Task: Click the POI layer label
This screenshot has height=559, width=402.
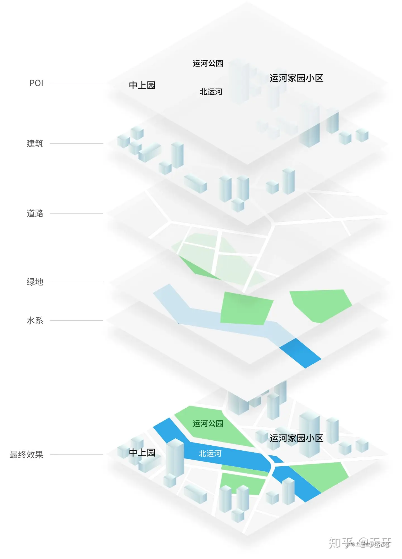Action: click(x=36, y=83)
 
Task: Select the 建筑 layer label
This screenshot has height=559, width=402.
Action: click(x=35, y=144)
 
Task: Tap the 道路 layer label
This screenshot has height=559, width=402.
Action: click(x=35, y=213)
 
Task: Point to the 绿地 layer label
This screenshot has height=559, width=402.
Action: click(x=35, y=282)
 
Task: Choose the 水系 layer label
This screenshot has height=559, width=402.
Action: click(x=35, y=321)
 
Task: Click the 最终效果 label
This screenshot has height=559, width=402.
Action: click(x=27, y=455)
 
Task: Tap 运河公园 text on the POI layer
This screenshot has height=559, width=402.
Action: click(x=208, y=63)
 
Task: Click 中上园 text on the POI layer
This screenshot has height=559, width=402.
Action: click(x=142, y=85)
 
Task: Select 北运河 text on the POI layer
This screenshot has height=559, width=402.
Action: click(x=211, y=92)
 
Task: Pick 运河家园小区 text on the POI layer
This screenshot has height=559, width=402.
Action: click(x=296, y=78)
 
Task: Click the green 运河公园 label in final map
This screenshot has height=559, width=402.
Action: click(x=208, y=424)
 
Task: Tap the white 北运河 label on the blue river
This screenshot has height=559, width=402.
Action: click(x=210, y=453)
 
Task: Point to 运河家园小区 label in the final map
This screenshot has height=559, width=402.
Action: click(x=296, y=438)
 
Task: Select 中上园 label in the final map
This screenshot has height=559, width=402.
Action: click(x=142, y=453)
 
